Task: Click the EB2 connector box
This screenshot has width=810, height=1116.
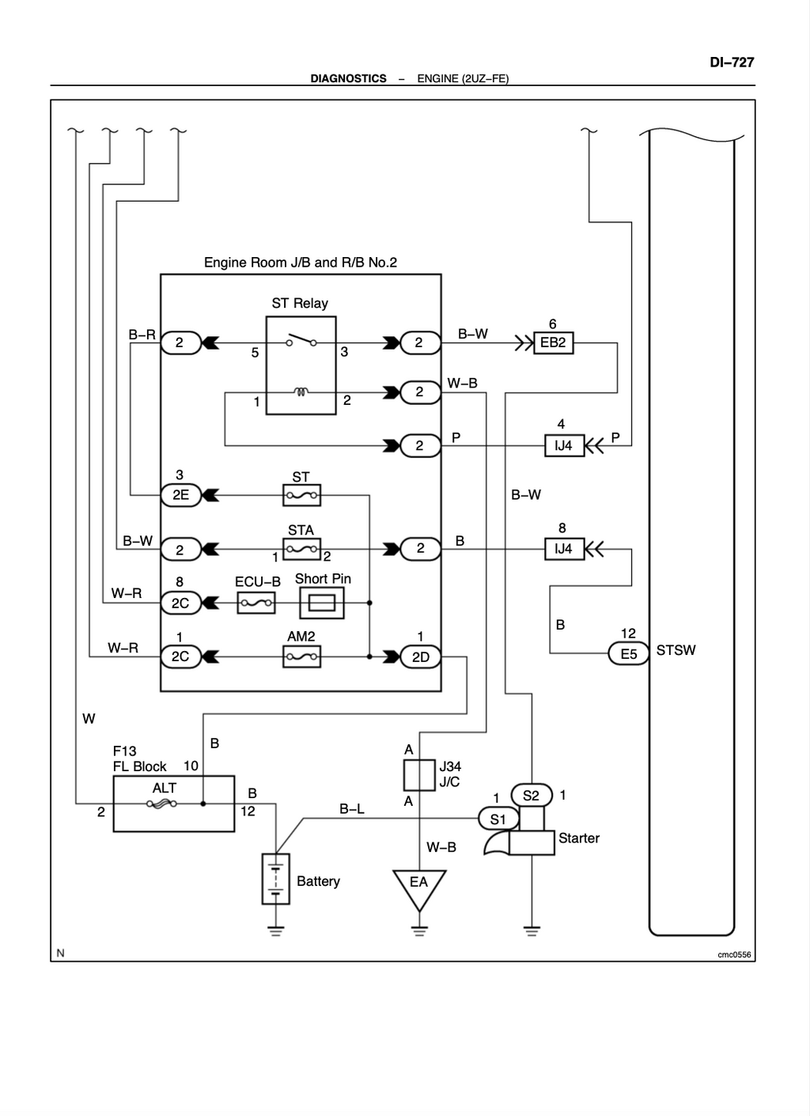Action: click(x=554, y=342)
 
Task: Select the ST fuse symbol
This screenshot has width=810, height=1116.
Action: click(x=301, y=495)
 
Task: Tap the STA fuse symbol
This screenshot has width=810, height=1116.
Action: click(x=301, y=549)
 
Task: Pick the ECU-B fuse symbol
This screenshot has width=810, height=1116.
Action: click(x=256, y=603)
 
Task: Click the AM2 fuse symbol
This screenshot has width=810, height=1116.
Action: click(x=301, y=656)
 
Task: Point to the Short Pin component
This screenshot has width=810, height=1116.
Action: click(x=322, y=603)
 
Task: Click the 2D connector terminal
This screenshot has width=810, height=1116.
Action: click(x=421, y=656)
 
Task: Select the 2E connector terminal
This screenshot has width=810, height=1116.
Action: click(x=181, y=495)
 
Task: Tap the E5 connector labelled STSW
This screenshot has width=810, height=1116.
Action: click(x=629, y=653)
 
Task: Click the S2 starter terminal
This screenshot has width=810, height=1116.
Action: click(x=532, y=795)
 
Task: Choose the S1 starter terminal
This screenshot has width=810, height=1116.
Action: click(x=498, y=819)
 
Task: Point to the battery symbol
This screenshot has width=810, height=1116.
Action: click(x=276, y=879)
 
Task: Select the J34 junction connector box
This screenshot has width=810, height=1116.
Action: click(x=419, y=775)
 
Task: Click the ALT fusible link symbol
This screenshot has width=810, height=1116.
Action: click(x=161, y=804)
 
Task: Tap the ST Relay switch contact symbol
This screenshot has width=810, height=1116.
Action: click(x=301, y=340)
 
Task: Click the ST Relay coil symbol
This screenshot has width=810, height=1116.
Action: click(x=301, y=392)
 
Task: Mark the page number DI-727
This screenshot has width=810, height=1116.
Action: click(x=732, y=62)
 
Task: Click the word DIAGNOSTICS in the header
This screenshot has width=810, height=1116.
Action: click(x=348, y=79)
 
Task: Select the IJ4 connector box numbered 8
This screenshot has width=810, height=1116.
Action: click(x=565, y=549)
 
